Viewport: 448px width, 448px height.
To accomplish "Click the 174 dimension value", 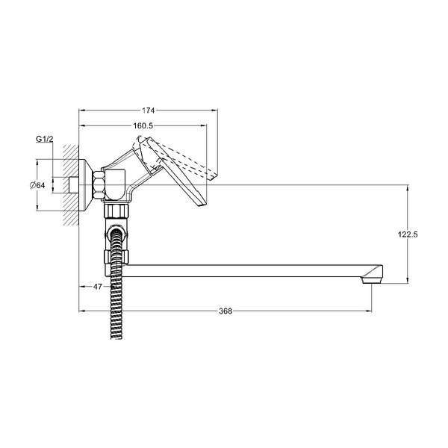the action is tap(149, 111).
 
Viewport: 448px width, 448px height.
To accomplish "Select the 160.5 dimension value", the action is tap(143, 125).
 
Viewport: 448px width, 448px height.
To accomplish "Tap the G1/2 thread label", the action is tap(44, 139).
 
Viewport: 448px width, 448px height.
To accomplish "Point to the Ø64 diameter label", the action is tap(37, 185).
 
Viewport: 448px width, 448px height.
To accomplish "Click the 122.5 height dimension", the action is tap(408, 234).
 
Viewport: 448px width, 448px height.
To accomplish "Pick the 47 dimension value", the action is tap(98, 286).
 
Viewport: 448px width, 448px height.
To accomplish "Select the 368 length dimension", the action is tap(225, 311).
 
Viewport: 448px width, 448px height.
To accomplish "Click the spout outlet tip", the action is tap(372, 281).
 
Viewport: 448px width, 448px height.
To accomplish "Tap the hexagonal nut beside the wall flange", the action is tap(98, 185).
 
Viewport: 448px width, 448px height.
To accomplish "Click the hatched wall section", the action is tap(71, 185).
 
